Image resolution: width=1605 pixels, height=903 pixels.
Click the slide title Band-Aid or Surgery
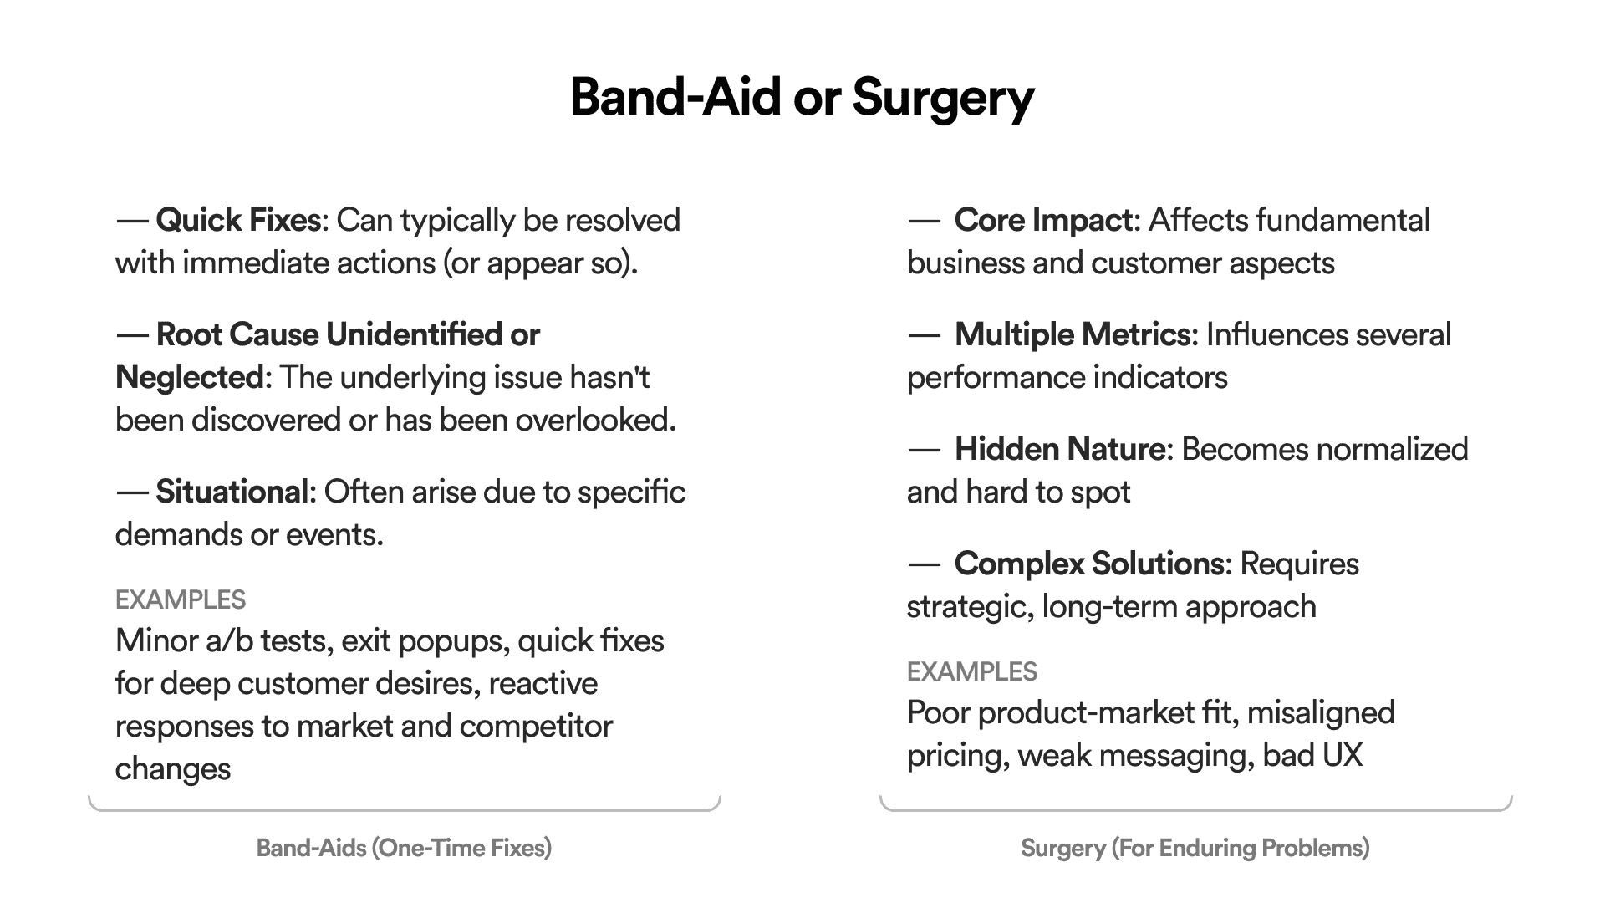click(802, 98)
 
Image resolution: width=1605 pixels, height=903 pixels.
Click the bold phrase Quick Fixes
click(238, 220)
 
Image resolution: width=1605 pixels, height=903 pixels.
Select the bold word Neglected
click(191, 378)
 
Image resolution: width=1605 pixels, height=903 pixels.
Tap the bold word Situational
click(232, 492)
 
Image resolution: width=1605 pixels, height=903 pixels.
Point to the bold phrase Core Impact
click(1044, 221)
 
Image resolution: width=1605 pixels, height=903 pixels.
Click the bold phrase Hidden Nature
click(1061, 449)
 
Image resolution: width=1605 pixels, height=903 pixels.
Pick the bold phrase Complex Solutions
click(1090, 564)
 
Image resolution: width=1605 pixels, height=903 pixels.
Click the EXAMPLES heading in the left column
click(181, 599)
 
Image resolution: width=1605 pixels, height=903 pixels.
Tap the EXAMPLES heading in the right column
click(972, 671)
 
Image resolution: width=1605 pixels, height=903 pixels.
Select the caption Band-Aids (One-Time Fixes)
click(404, 849)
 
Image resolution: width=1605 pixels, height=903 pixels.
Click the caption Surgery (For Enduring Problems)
click(1195, 849)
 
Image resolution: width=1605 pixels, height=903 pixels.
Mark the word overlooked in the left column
click(595, 420)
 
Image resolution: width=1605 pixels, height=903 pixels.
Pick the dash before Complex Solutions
click(924, 564)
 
